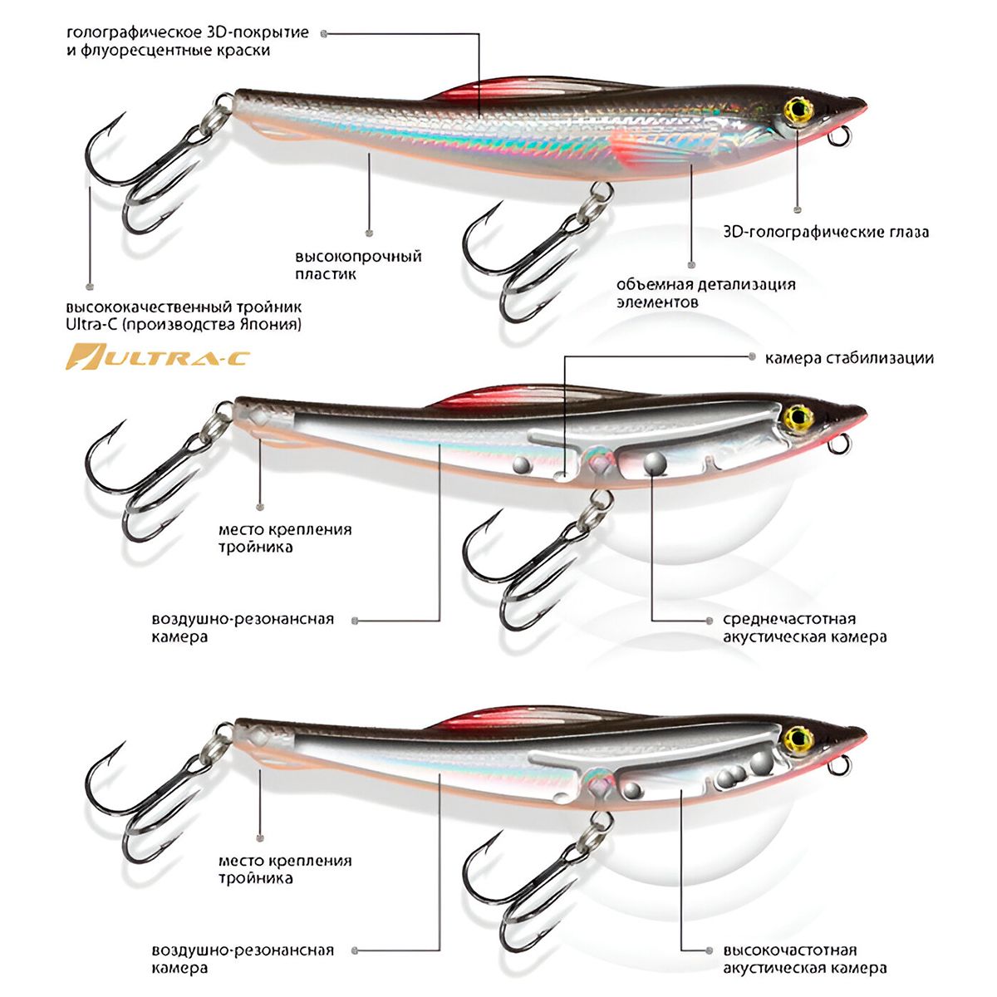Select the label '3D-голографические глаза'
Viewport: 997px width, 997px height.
coord(826,232)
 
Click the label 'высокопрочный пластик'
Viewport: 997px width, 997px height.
coord(358,265)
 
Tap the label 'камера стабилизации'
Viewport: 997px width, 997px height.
coord(849,358)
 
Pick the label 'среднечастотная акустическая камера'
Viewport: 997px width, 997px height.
coord(804,628)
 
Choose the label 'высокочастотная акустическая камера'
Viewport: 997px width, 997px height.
coord(804,959)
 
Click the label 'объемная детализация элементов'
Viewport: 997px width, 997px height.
coord(705,292)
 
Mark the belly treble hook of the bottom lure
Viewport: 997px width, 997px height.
coord(532,881)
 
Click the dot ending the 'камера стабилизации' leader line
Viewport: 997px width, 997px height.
coord(752,358)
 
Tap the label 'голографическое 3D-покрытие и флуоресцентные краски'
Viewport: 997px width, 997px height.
coord(187,42)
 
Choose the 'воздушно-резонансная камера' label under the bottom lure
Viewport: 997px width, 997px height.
coord(243,959)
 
